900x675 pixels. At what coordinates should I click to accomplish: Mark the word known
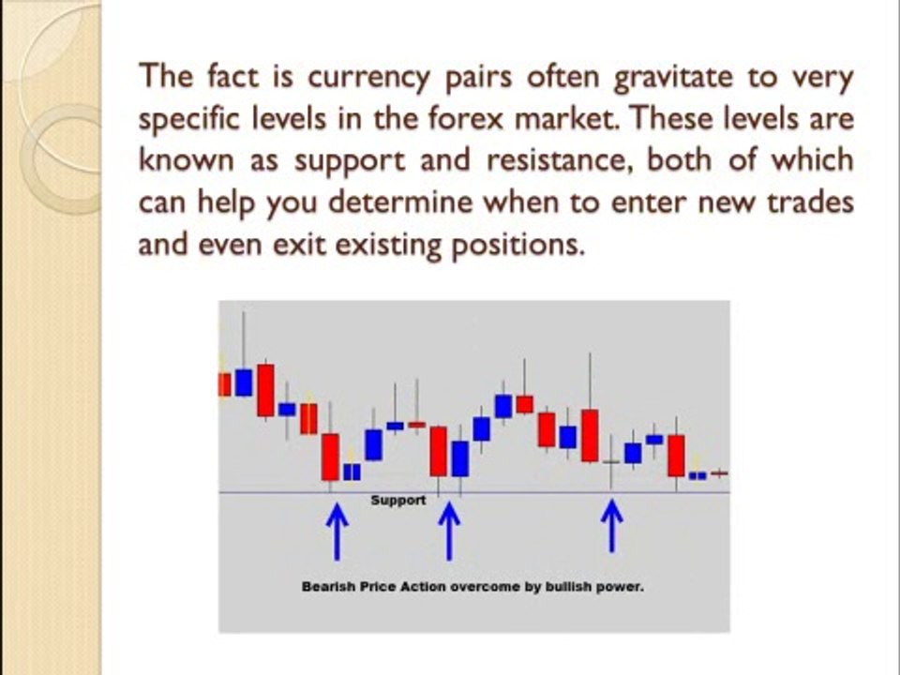182,160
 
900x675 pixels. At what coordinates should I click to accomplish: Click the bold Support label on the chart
397,500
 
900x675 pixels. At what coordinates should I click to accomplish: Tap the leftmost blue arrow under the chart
337,529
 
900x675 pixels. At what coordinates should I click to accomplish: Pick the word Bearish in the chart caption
324,587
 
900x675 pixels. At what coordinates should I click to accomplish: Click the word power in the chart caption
622,588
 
